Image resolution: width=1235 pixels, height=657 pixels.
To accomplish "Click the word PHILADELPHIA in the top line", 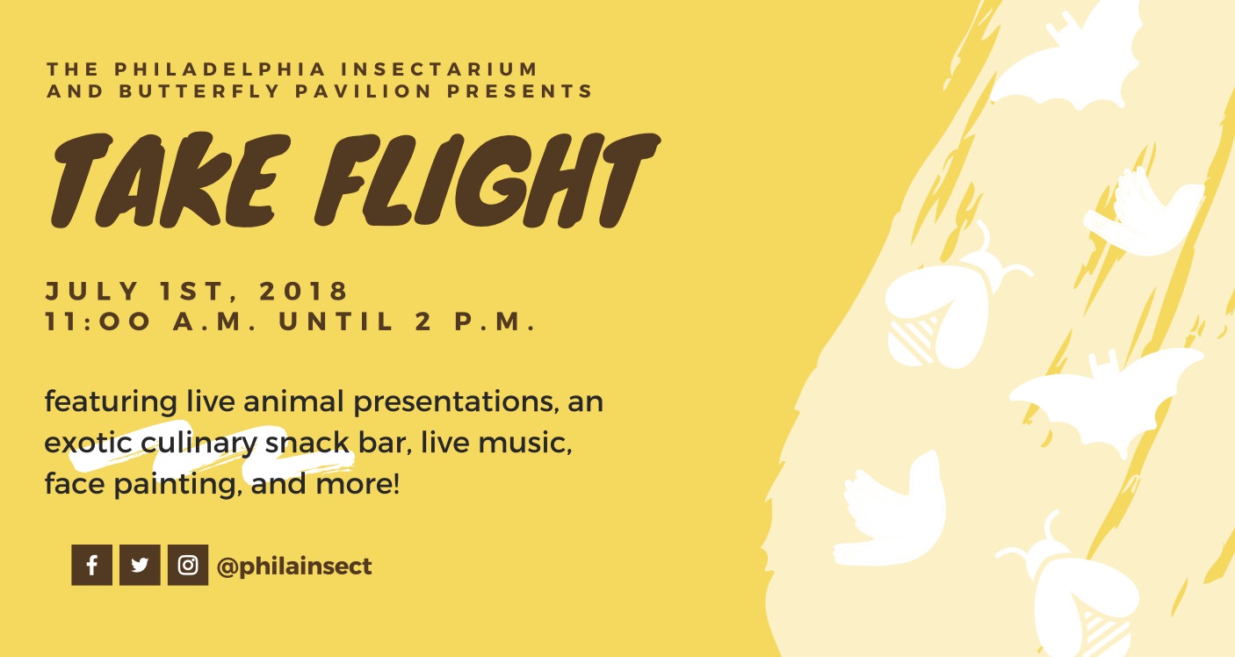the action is click(x=220, y=69).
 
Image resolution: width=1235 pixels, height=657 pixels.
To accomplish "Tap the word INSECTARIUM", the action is click(x=439, y=69).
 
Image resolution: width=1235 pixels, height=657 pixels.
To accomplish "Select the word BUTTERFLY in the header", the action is click(x=199, y=91).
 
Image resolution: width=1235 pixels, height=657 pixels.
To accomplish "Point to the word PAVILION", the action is click(x=363, y=91).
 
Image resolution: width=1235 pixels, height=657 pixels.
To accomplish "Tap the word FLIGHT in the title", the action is click(x=487, y=180).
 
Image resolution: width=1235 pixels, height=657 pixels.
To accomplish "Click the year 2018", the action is click(x=303, y=291).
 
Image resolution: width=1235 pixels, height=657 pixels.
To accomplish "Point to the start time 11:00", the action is click(x=97, y=321).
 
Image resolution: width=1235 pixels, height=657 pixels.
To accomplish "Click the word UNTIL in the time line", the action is click(x=336, y=321).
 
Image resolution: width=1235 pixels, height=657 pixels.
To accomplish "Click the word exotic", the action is click(x=88, y=443).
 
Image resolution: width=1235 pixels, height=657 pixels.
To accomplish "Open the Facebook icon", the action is click(x=92, y=565).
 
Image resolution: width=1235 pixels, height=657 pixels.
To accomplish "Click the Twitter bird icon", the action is click(x=140, y=565).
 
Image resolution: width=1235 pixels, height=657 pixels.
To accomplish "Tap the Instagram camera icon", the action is click(x=188, y=565).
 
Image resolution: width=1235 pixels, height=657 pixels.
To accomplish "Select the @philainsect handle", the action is click(x=294, y=567).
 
